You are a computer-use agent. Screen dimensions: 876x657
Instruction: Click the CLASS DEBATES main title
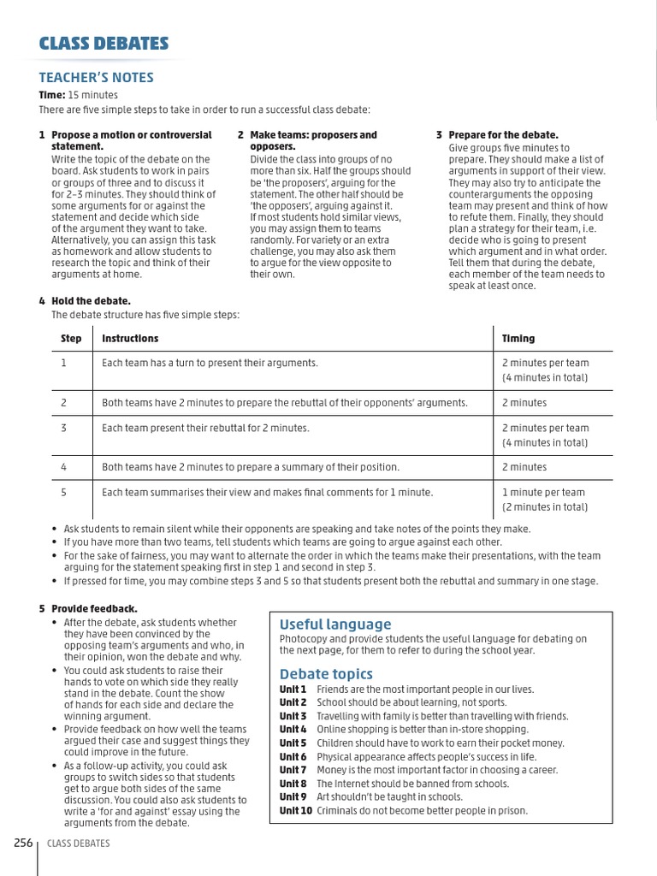104,44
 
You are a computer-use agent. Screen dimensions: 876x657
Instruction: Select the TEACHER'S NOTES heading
96,78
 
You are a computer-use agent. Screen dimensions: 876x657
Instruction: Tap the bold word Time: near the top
51,95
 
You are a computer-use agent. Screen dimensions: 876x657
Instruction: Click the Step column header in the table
71,339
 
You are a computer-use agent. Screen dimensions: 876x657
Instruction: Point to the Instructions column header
130,339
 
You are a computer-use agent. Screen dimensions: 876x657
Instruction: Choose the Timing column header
518,339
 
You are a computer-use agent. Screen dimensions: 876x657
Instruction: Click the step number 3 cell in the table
64,428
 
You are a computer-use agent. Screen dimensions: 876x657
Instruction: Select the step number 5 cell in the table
64,493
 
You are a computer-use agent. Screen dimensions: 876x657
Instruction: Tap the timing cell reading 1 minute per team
543,493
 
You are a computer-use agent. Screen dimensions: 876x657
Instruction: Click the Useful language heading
335,624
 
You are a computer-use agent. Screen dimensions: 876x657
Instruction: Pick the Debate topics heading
326,674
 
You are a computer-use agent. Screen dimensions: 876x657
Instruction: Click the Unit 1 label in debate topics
293,690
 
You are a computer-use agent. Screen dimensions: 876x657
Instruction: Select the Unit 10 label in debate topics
295,811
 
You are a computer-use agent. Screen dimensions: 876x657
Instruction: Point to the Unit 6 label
293,757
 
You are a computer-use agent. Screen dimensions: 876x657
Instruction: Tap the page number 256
23,843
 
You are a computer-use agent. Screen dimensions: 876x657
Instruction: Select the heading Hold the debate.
91,301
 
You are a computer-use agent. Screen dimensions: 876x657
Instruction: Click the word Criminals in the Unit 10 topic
337,811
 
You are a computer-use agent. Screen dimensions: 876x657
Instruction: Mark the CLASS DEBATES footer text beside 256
79,844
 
